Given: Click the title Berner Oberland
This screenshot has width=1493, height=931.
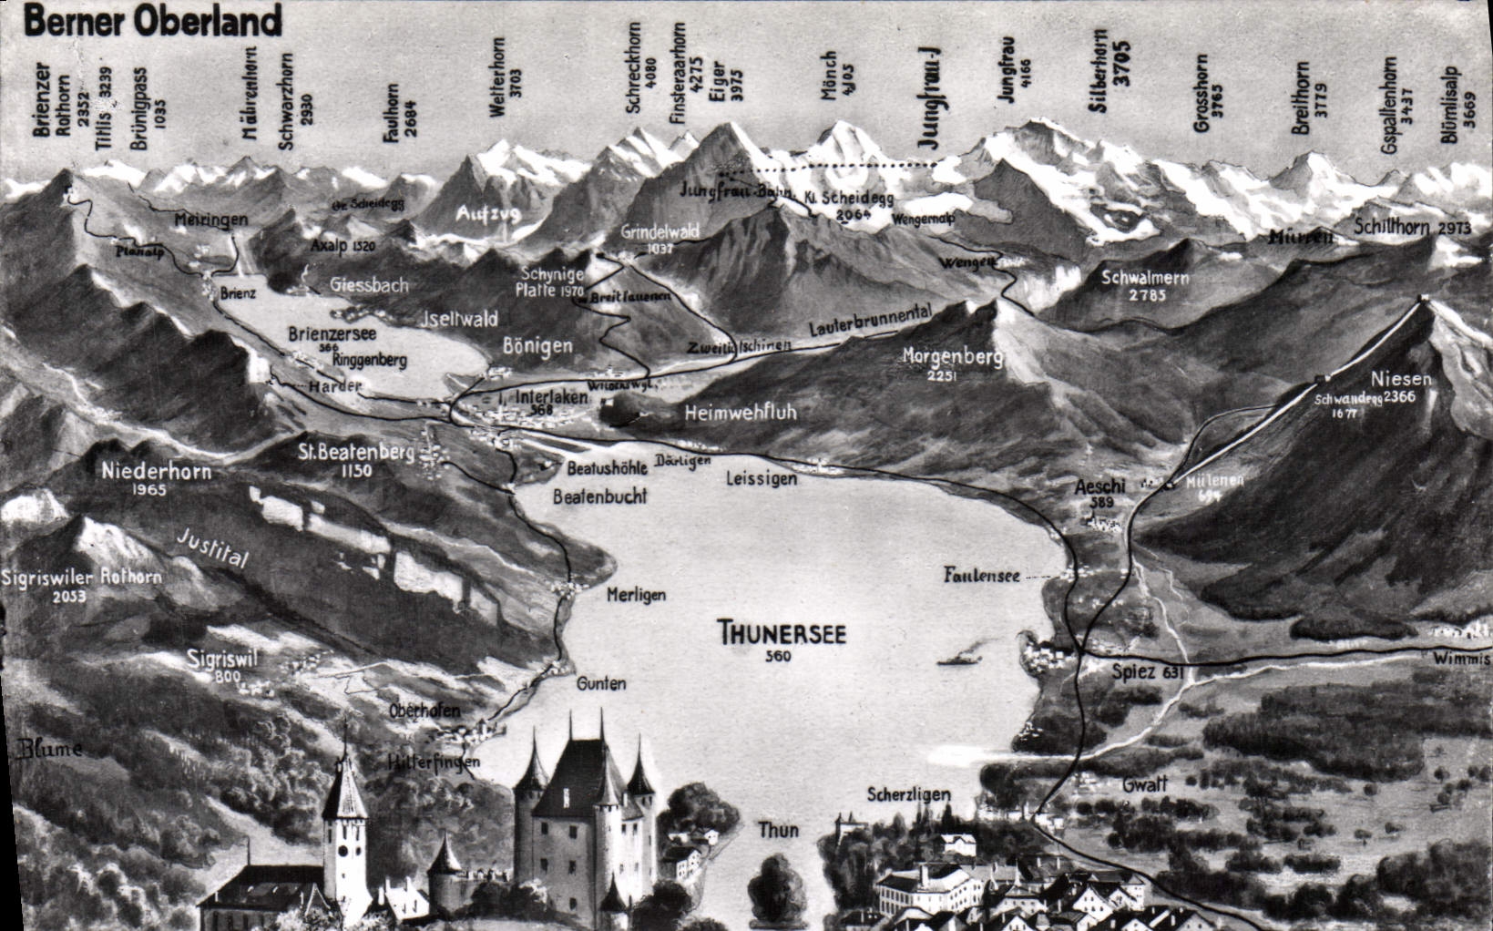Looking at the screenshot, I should tap(153, 20).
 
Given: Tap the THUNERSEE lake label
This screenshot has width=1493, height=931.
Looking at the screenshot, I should tap(782, 632).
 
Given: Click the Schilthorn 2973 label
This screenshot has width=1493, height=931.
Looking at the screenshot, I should tap(1411, 228).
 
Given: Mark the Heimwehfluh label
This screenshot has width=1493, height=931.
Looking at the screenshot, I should tap(740, 412).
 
